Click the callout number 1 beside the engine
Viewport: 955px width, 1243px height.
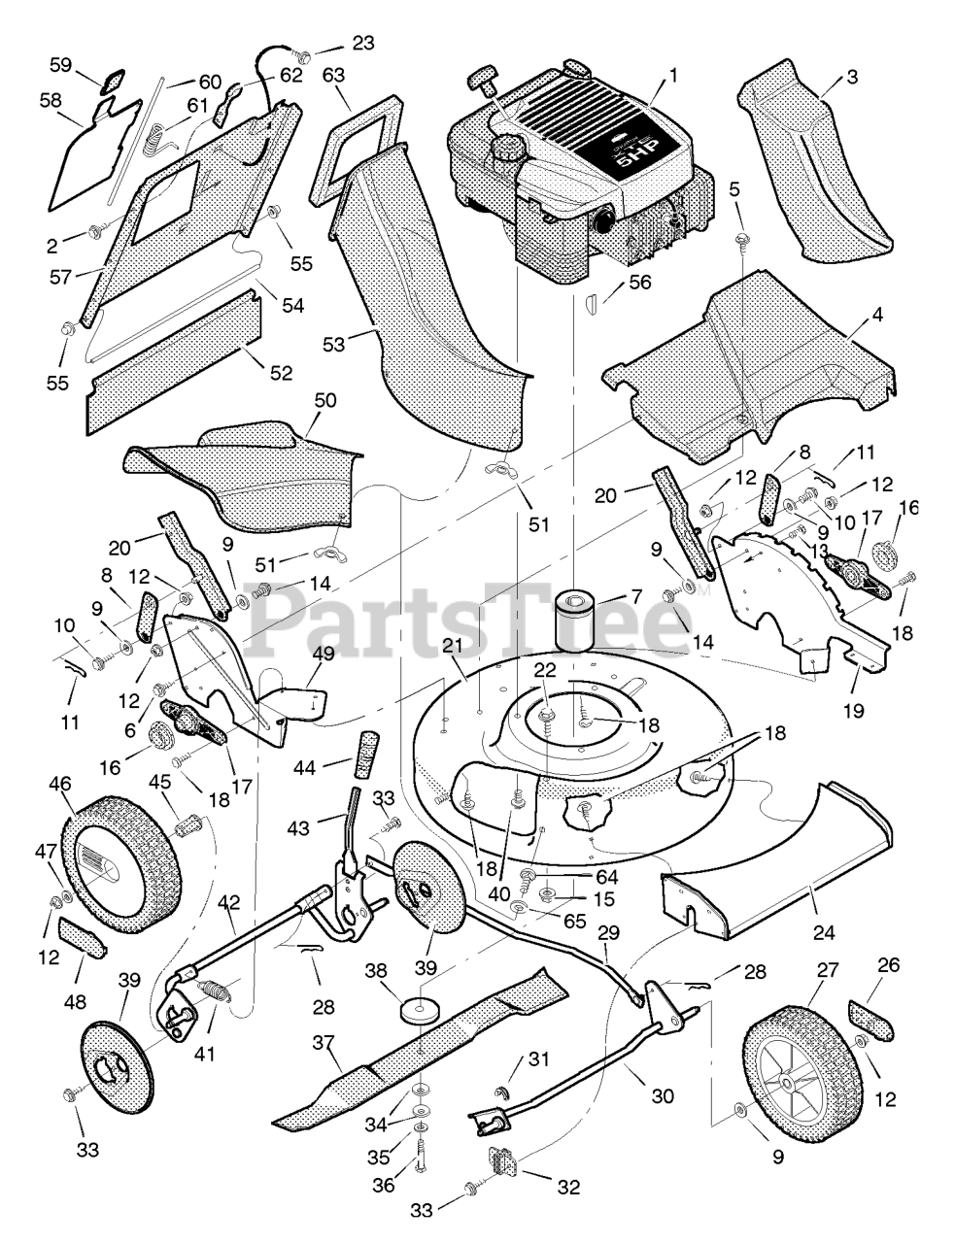point(674,74)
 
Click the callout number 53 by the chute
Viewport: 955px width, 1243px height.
point(333,344)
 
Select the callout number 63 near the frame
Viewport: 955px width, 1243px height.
point(334,74)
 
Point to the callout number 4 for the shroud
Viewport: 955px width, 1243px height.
point(850,317)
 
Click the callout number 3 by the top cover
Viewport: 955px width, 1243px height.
point(851,79)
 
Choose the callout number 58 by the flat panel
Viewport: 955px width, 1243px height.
point(51,100)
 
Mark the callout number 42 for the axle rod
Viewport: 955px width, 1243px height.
point(228,901)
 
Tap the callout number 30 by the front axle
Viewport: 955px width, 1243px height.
point(663,1095)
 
